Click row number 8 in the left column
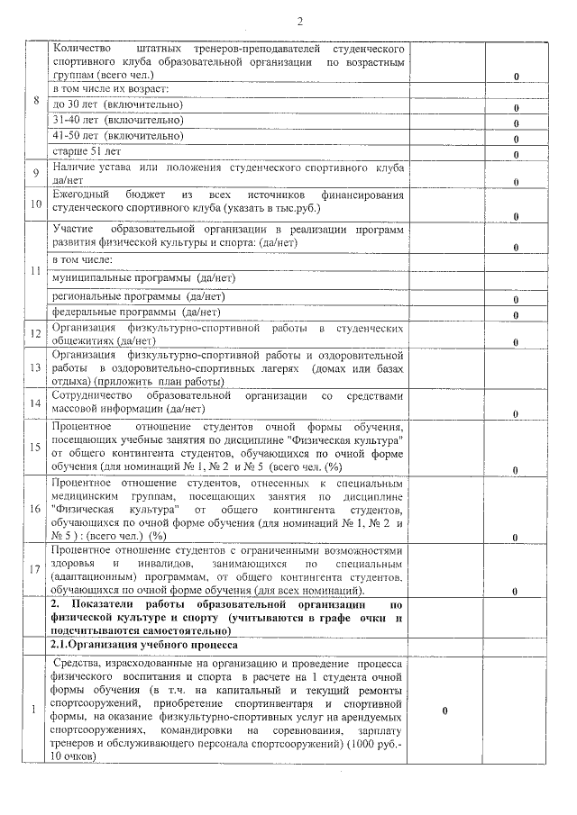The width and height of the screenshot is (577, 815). pyautogui.click(x=36, y=100)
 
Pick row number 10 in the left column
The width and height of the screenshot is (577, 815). pyautogui.click(x=36, y=204)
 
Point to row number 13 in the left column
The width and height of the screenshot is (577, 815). pyautogui.click(x=36, y=368)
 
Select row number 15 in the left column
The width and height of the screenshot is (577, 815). pyautogui.click(x=36, y=447)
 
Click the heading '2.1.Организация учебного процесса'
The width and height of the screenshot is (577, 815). pyautogui.click(x=144, y=645)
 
